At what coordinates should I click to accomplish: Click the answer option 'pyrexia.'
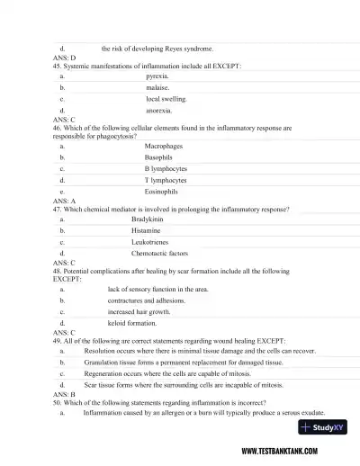tap(157, 77)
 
